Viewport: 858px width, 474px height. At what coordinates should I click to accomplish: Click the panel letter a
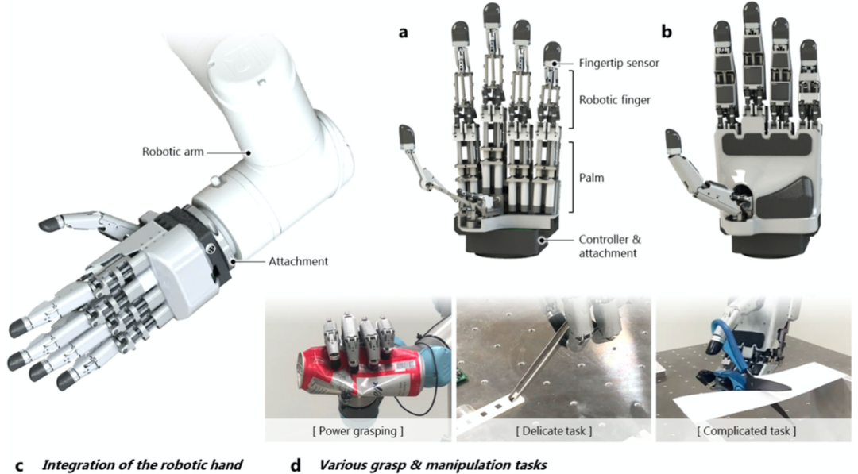click(404, 33)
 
